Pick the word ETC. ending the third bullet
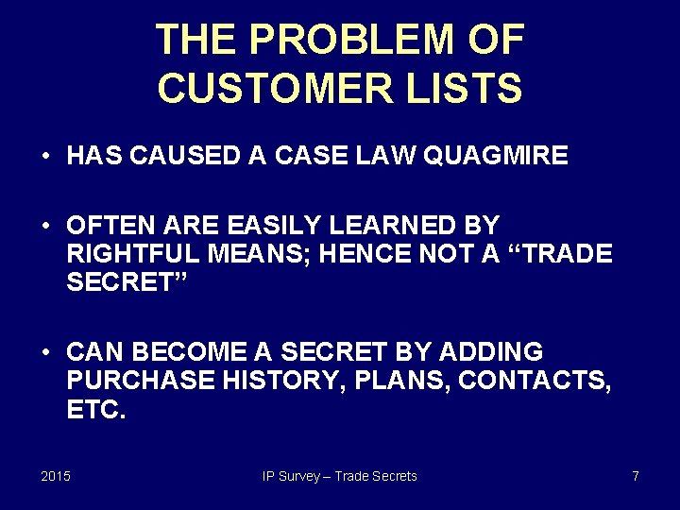95,410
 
